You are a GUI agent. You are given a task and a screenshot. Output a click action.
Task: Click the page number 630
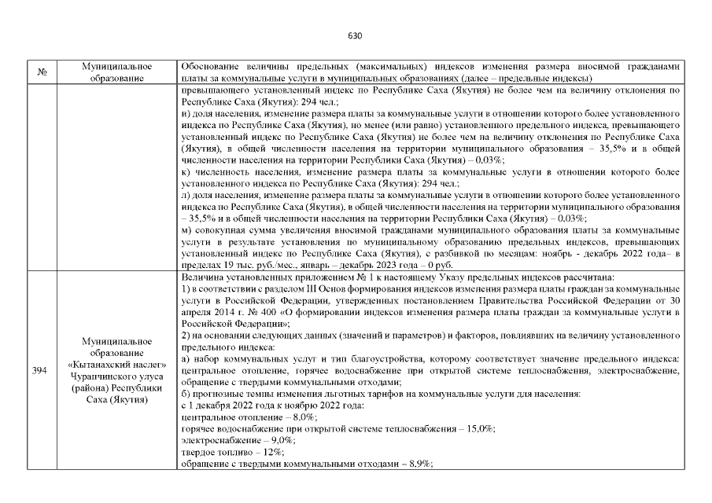tap(354, 36)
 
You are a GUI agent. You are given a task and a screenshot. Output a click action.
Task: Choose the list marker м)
tap(186, 233)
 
